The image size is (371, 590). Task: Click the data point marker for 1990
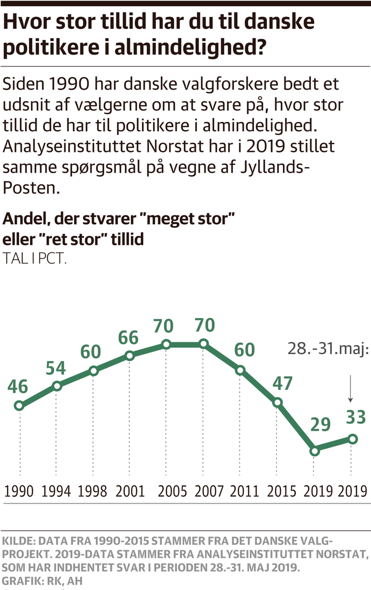point(20,406)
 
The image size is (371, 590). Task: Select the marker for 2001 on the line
point(130,356)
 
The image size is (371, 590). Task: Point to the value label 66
point(128,338)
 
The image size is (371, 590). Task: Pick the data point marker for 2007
point(204,344)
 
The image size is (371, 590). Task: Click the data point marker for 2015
point(278,402)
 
